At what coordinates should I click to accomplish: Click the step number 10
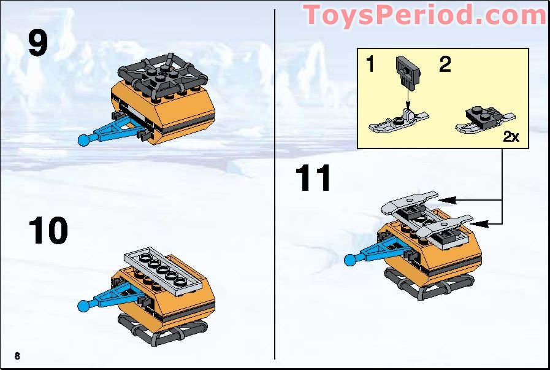coord(48,231)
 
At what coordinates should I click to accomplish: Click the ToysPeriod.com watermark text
coord(424,15)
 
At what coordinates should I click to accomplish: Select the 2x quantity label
coord(510,137)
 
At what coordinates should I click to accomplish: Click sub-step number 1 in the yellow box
coord(370,64)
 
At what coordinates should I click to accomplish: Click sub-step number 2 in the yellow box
coord(445,64)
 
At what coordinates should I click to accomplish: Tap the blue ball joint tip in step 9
coord(85,140)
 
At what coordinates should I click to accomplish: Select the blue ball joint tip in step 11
coord(351,260)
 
